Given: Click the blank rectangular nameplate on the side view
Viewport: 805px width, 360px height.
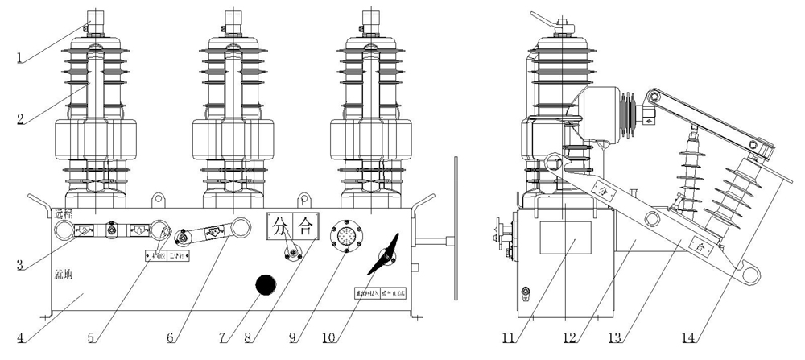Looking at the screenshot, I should pyautogui.click(x=563, y=242).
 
